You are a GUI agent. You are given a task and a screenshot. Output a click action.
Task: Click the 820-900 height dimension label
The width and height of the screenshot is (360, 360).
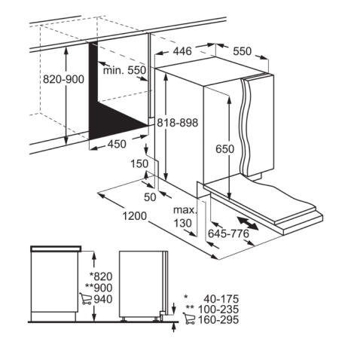coord(63,79)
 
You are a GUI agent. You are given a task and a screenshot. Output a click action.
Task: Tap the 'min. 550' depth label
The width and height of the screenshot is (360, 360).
coord(124,70)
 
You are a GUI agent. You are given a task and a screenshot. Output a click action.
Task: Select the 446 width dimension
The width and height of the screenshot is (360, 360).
coord(182,51)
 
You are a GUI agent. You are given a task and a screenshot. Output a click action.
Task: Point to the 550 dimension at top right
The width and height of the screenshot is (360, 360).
coord(242,51)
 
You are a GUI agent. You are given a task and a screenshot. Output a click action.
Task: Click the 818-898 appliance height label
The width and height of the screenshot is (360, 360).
coord(178,123)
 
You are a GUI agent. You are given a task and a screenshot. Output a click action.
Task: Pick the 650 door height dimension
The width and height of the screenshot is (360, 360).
coord(225,149)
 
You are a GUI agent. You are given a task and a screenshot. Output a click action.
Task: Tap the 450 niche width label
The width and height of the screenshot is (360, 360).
coord(117,144)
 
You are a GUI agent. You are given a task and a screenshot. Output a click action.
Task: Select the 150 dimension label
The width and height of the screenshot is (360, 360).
coord(139,164)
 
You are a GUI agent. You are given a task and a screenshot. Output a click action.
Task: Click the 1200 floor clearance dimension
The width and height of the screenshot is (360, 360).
coord(135,216)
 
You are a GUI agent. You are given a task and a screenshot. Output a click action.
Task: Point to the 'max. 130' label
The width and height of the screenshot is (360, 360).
coord(185,216)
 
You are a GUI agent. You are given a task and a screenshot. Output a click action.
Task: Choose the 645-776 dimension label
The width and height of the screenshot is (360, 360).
coord(228,233)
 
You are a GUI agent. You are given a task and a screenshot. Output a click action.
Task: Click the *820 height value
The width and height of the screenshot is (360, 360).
coord(101,276)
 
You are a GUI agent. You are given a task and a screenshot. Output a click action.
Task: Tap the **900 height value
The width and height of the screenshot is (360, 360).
coord(99,288)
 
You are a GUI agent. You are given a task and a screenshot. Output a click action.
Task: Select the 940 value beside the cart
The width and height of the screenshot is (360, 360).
coord(103,299)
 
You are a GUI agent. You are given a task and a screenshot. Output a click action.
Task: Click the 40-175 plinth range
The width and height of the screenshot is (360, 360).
coord(221,299)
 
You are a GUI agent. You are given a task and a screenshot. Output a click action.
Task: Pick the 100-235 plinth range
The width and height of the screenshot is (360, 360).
coord(218,310)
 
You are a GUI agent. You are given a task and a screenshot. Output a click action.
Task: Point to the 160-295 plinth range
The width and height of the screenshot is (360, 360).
coord(218,320)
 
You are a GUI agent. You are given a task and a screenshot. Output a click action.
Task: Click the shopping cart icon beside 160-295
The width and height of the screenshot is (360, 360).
coord(189,319)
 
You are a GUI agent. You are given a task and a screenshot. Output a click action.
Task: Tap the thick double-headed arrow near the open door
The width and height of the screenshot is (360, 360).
coord(248,223)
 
